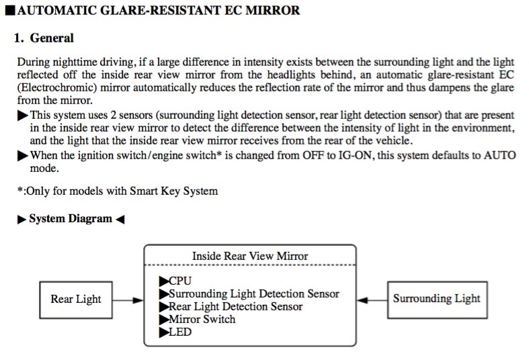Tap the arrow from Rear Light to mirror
(x=128, y=300)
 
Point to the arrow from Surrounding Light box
(x=372, y=300)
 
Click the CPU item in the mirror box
(x=175, y=281)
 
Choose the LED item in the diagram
(x=175, y=332)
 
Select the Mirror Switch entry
(x=197, y=319)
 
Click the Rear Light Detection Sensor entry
(x=231, y=306)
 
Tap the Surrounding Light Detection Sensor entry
(x=249, y=294)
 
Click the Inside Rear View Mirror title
(x=250, y=256)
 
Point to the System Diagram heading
(x=71, y=218)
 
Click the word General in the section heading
(x=52, y=38)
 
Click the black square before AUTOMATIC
(x=11, y=11)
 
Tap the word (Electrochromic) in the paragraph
(x=57, y=87)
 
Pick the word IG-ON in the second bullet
(x=356, y=155)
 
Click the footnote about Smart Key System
(x=118, y=191)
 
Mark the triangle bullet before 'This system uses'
(x=23, y=116)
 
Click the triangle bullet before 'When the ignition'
(x=23, y=156)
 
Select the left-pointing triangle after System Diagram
(x=120, y=220)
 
